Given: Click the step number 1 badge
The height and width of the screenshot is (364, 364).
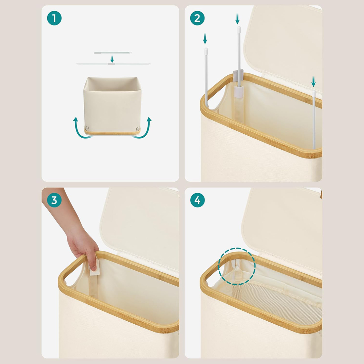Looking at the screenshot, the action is (54, 18).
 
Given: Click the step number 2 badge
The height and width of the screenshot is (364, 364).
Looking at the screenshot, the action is (197, 18).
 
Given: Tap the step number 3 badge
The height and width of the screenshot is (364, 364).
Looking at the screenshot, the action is (54, 200).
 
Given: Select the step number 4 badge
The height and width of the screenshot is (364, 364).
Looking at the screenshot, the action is (197, 200).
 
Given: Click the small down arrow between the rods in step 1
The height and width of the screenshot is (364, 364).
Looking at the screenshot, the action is (112, 59).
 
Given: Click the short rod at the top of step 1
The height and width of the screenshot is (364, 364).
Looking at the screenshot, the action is (113, 53).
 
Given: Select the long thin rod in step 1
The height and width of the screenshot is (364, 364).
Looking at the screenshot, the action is (113, 64).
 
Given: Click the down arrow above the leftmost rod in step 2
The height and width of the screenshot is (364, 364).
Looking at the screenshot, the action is (205, 38).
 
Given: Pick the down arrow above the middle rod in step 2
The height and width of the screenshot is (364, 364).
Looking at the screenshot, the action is (237, 19).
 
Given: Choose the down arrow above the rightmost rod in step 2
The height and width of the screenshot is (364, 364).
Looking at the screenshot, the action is (313, 81).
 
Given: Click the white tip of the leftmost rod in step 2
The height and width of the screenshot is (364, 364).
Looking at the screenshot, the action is (206, 50).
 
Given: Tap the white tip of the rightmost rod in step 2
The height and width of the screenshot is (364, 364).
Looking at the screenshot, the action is (314, 92).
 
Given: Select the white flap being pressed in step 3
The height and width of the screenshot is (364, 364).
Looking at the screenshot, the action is (95, 267).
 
